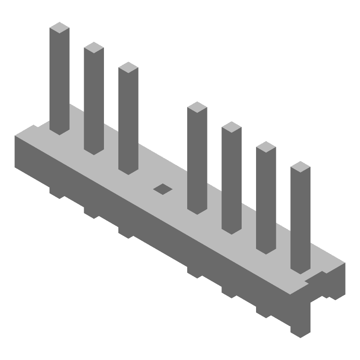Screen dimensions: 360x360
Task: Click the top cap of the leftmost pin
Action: pos(59,28)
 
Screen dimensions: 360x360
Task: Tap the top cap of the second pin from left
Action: pos(94,48)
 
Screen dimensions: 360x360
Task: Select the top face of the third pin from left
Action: pos(128,67)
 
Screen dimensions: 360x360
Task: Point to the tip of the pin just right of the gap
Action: pos(197,108)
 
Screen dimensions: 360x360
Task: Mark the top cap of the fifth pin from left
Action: pos(231,127)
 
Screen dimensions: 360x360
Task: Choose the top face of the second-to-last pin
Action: pos(266,147)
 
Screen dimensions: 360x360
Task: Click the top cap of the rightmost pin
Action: pos(300,167)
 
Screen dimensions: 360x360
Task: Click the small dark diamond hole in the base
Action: pos(163,189)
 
